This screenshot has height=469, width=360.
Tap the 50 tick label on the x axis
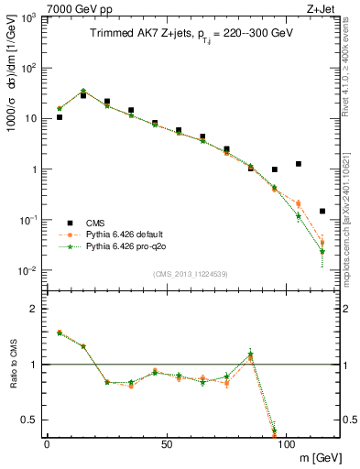point(166,443)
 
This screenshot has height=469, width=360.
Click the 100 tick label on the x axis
point(286,443)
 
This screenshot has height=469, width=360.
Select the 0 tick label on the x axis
point(47,443)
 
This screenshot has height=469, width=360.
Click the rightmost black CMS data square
point(322,211)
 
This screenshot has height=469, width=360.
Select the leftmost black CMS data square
point(60,117)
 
